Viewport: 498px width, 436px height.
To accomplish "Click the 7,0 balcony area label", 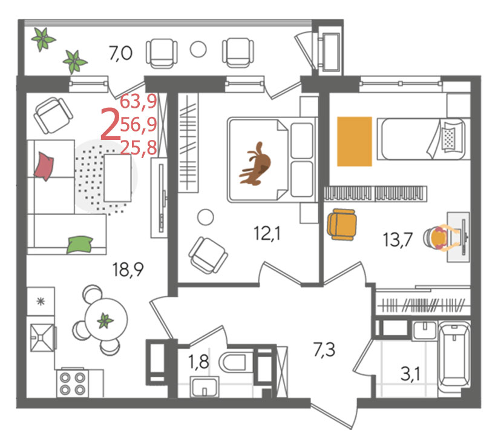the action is click(120, 53).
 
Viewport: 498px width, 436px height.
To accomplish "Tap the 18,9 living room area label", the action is click(128, 269).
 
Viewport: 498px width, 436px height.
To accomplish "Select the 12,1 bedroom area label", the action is click(267, 234).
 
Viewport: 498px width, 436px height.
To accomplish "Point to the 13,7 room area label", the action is click(398, 240).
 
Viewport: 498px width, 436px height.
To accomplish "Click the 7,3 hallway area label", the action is click(324, 350).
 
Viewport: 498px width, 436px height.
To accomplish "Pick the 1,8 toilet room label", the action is click(198, 362).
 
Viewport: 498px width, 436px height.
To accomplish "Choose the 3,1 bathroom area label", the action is click(410, 374).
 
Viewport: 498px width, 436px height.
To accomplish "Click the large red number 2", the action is click(110, 124).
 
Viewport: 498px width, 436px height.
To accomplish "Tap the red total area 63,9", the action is click(139, 101).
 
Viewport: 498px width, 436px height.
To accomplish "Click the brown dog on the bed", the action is click(256, 165).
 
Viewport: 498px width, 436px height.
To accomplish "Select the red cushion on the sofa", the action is click(44, 166).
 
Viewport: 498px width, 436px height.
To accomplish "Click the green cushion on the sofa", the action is click(80, 245).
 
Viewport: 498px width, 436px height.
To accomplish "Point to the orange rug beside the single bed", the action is click(355, 142).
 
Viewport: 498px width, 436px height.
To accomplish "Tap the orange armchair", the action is click(341, 224).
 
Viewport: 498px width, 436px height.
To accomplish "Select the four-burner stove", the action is click(73, 383).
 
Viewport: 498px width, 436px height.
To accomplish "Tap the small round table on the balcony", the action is click(198, 49).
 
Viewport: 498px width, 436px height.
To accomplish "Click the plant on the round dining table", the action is click(105, 320).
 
